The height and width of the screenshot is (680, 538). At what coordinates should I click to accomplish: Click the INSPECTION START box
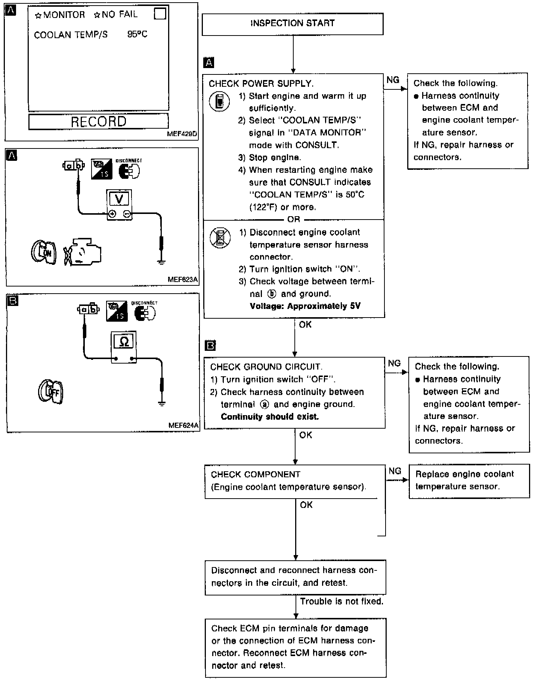293,24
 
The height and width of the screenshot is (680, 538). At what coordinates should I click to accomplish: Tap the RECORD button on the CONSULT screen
99,122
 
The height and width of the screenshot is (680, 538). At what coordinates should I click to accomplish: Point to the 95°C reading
137,34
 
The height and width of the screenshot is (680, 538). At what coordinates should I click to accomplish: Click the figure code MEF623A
183,279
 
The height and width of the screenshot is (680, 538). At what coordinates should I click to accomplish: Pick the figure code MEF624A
183,425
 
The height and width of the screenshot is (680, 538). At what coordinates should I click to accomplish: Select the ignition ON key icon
43,252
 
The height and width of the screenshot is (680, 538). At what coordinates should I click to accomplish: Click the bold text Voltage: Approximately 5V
305,306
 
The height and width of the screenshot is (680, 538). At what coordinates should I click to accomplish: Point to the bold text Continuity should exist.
270,417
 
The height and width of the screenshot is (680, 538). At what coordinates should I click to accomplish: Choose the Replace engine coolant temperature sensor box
469,481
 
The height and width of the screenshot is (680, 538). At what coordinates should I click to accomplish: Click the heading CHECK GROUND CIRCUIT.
266,367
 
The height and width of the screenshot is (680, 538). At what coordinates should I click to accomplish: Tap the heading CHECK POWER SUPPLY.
261,83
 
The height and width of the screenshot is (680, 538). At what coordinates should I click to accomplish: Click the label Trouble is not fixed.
341,601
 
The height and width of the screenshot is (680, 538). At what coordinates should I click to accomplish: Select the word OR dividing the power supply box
294,220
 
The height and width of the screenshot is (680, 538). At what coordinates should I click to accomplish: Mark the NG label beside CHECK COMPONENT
395,471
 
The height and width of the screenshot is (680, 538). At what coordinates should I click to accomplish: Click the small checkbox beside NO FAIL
160,14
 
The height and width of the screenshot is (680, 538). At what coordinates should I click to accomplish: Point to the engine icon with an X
83,252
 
